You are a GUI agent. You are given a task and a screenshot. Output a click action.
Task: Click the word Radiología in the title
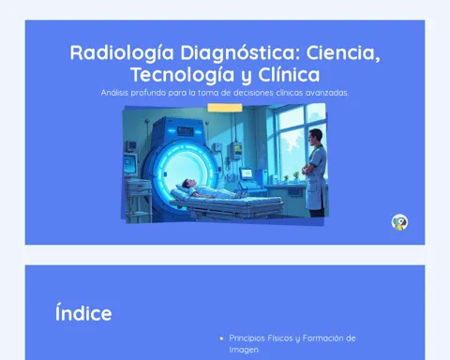pyautogui.click(x=122, y=52)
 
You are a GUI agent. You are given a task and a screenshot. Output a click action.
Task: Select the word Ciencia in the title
pyautogui.click(x=343, y=52)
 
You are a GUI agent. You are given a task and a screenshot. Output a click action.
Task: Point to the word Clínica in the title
pyautogui.click(x=289, y=75)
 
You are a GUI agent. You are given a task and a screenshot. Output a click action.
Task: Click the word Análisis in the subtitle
pyautogui.click(x=114, y=93)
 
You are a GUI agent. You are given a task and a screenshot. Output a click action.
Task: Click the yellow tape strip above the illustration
pyautogui.click(x=225, y=108)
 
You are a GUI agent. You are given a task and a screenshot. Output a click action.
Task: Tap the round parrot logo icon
pyautogui.click(x=399, y=222)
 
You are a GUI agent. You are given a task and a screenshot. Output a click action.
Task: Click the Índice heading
pyautogui.click(x=83, y=313)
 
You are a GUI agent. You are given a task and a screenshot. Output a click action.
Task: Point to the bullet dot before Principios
pyautogui.click(x=221, y=338)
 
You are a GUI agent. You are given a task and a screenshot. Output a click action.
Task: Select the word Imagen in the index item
pyautogui.click(x=244, y=350)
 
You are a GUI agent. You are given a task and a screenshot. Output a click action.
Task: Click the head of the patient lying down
pyautogui.click(x=187, y=183)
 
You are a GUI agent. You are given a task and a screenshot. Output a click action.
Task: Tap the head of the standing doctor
pyautogui.click(x=316, y=137)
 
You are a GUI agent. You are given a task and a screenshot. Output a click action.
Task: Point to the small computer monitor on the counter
pyautogui.click(x=247, y=173)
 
